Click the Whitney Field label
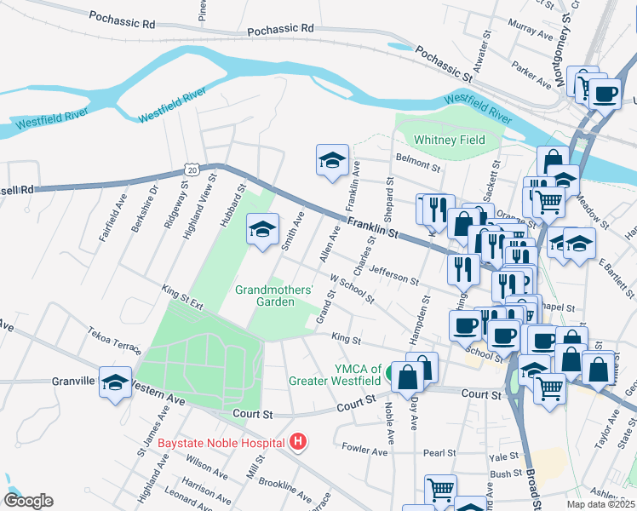pyautogui.click(x=449, y=140)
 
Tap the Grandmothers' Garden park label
pyautogui.click(x=274, y=296)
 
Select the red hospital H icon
pyautogui.click(x=298, y=441)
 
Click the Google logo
pyautogui.click(x=28, y=501)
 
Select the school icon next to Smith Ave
pyautogui.click(x=263, y=228)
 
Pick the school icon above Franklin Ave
pyautogui.click(x=332, y=159)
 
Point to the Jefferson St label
pyautogui.click(x=394, y=276)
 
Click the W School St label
pyautogui.click(x=352, y=288)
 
